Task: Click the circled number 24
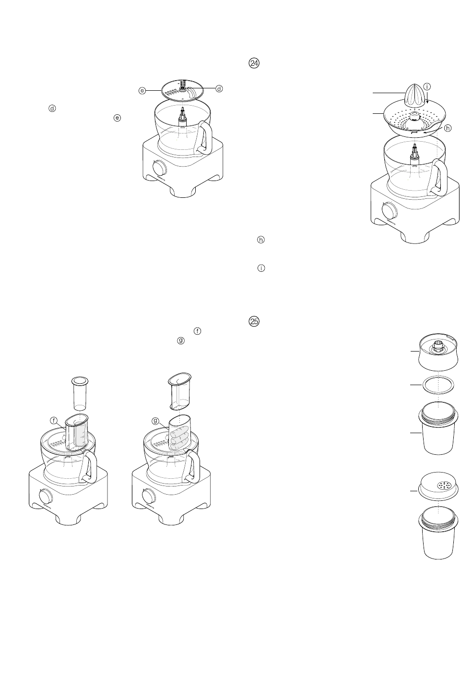[253, 63]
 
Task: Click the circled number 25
[253, 321]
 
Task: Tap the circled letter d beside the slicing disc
[219, 88]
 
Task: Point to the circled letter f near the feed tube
[54, 420]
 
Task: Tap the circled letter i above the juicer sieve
[427, 86]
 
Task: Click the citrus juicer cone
[413, 95]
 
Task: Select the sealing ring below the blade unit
[438, 385]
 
